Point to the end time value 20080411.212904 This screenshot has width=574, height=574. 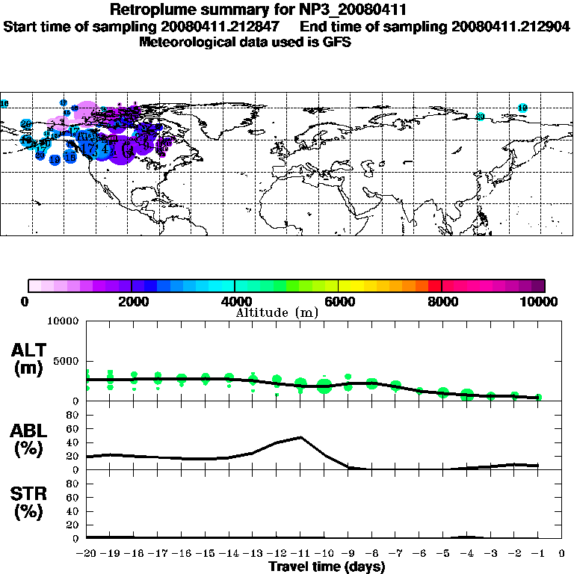pyautogui.click(x=510, y=26)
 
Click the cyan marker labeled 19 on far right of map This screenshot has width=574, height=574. pyautogui.click(x=522, y=108)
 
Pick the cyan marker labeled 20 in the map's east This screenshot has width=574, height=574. pyautogui.click(x=481, y=117)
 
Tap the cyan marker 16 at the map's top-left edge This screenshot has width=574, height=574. pyautogui.click(x=4, y=104)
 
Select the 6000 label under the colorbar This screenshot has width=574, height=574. pyautogui.click(x=339, y=301)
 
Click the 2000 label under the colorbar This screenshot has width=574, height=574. pyautogui.click(x=132, y=301)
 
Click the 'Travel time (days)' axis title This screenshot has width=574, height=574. pyautogui.click(x=327, y=567)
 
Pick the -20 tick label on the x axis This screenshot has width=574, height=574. pyautogui.click(x=87, y=553)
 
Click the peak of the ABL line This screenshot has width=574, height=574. pyautogui.click(x=300, y=436)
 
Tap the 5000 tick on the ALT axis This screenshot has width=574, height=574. pyautogui.click(x=67, y=361)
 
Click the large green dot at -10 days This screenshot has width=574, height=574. pyautogui.click(x=324, y=386)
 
